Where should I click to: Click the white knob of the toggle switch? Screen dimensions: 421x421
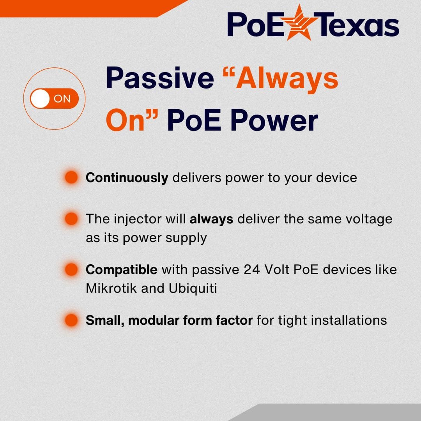[x=40, y=99]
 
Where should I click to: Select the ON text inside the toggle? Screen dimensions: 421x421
[x=62, y=99]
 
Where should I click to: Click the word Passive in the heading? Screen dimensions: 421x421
[x=160, y=78]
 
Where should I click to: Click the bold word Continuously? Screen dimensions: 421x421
[x=127, y=178]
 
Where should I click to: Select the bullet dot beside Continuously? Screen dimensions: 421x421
[x=71, y=177]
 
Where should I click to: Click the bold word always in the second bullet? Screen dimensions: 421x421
[x=211, y=219]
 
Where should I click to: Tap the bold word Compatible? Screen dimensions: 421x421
[x=122, y=269]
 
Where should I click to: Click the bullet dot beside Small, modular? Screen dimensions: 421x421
[x=71, y=320]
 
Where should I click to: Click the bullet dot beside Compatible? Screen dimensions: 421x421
[x=71, y=269]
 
